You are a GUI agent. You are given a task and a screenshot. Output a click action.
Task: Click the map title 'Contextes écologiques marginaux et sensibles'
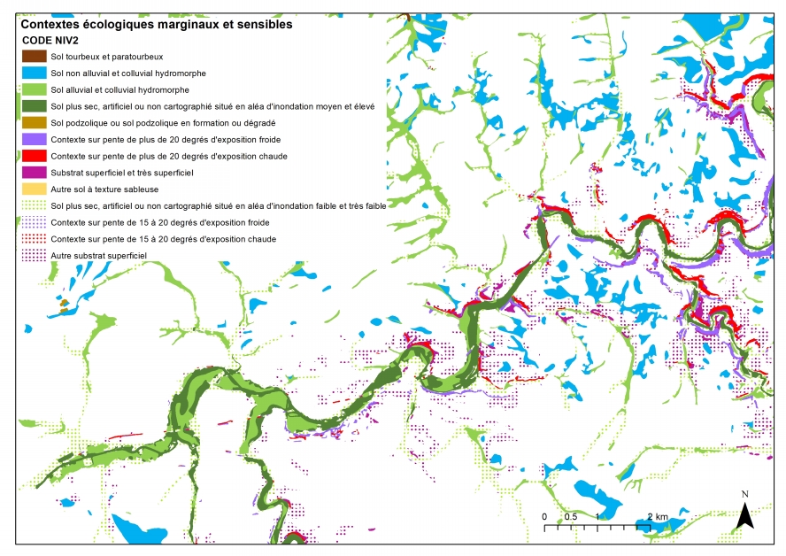(156, 25)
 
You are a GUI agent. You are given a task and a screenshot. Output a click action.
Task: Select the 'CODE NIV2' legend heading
(51, 41)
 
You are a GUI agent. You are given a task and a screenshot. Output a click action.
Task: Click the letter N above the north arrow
(745, 493)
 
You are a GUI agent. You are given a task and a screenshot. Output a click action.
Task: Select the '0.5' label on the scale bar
(571, 516)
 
